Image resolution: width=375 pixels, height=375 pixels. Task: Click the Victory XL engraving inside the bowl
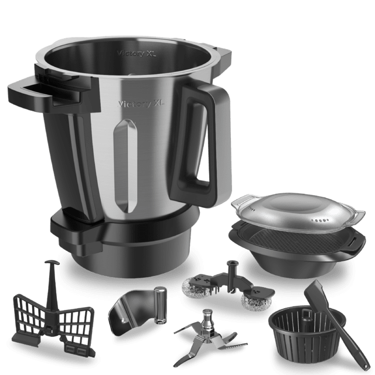coord(137,53)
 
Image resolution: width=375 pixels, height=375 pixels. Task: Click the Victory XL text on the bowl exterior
coord(141,104)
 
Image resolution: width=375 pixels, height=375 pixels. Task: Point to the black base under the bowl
coord(124,244)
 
